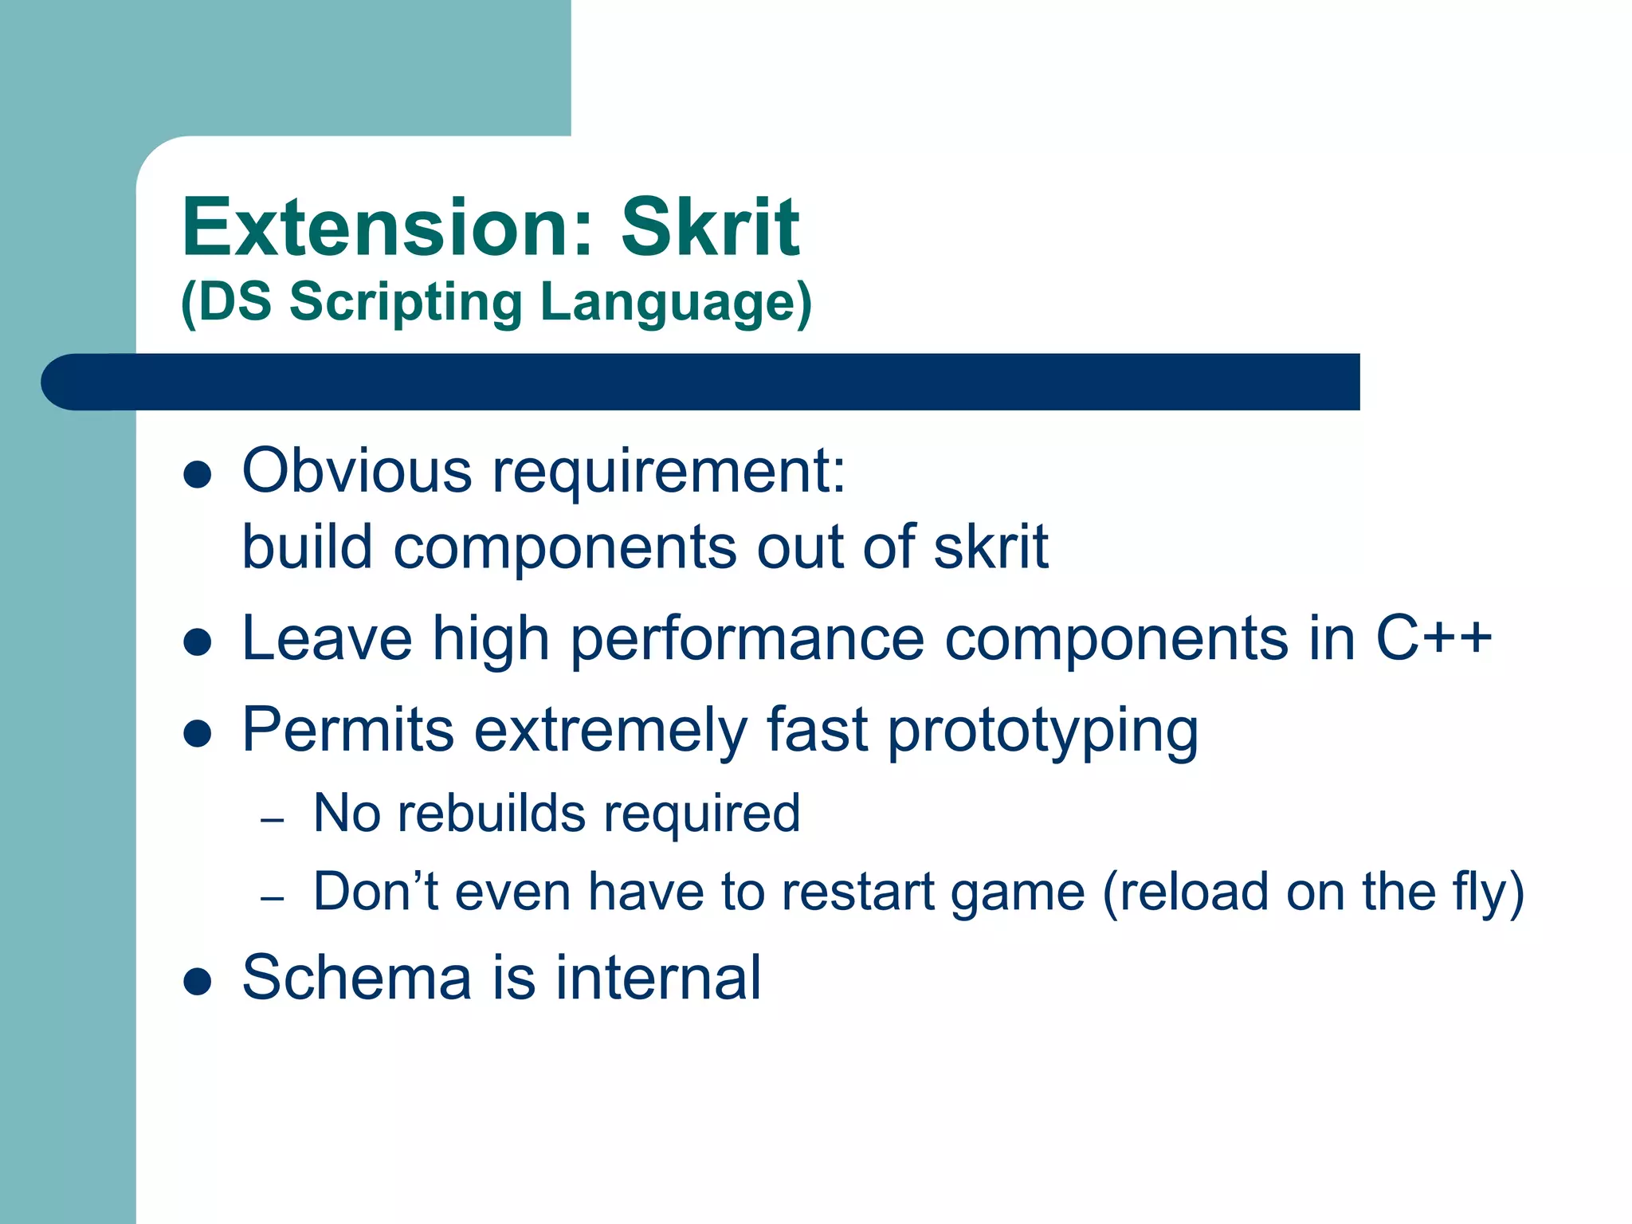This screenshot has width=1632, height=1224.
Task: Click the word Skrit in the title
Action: coord(710,229)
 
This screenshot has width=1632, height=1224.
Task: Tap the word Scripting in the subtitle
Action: coord(405,304)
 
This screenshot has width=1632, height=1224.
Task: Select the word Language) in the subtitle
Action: coord(676,304)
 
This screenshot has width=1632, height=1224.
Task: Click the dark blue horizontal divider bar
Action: coord(701,382)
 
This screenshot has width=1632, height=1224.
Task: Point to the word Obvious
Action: coord(357,471)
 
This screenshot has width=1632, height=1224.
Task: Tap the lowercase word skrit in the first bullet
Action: coord(991,547)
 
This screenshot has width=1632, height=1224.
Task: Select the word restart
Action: coord(857,892)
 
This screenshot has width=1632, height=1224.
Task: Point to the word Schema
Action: coord(357,978)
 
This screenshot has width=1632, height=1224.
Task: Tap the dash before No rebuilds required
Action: coord(273,819)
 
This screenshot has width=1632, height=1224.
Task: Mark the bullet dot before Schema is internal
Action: coord(197,983)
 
